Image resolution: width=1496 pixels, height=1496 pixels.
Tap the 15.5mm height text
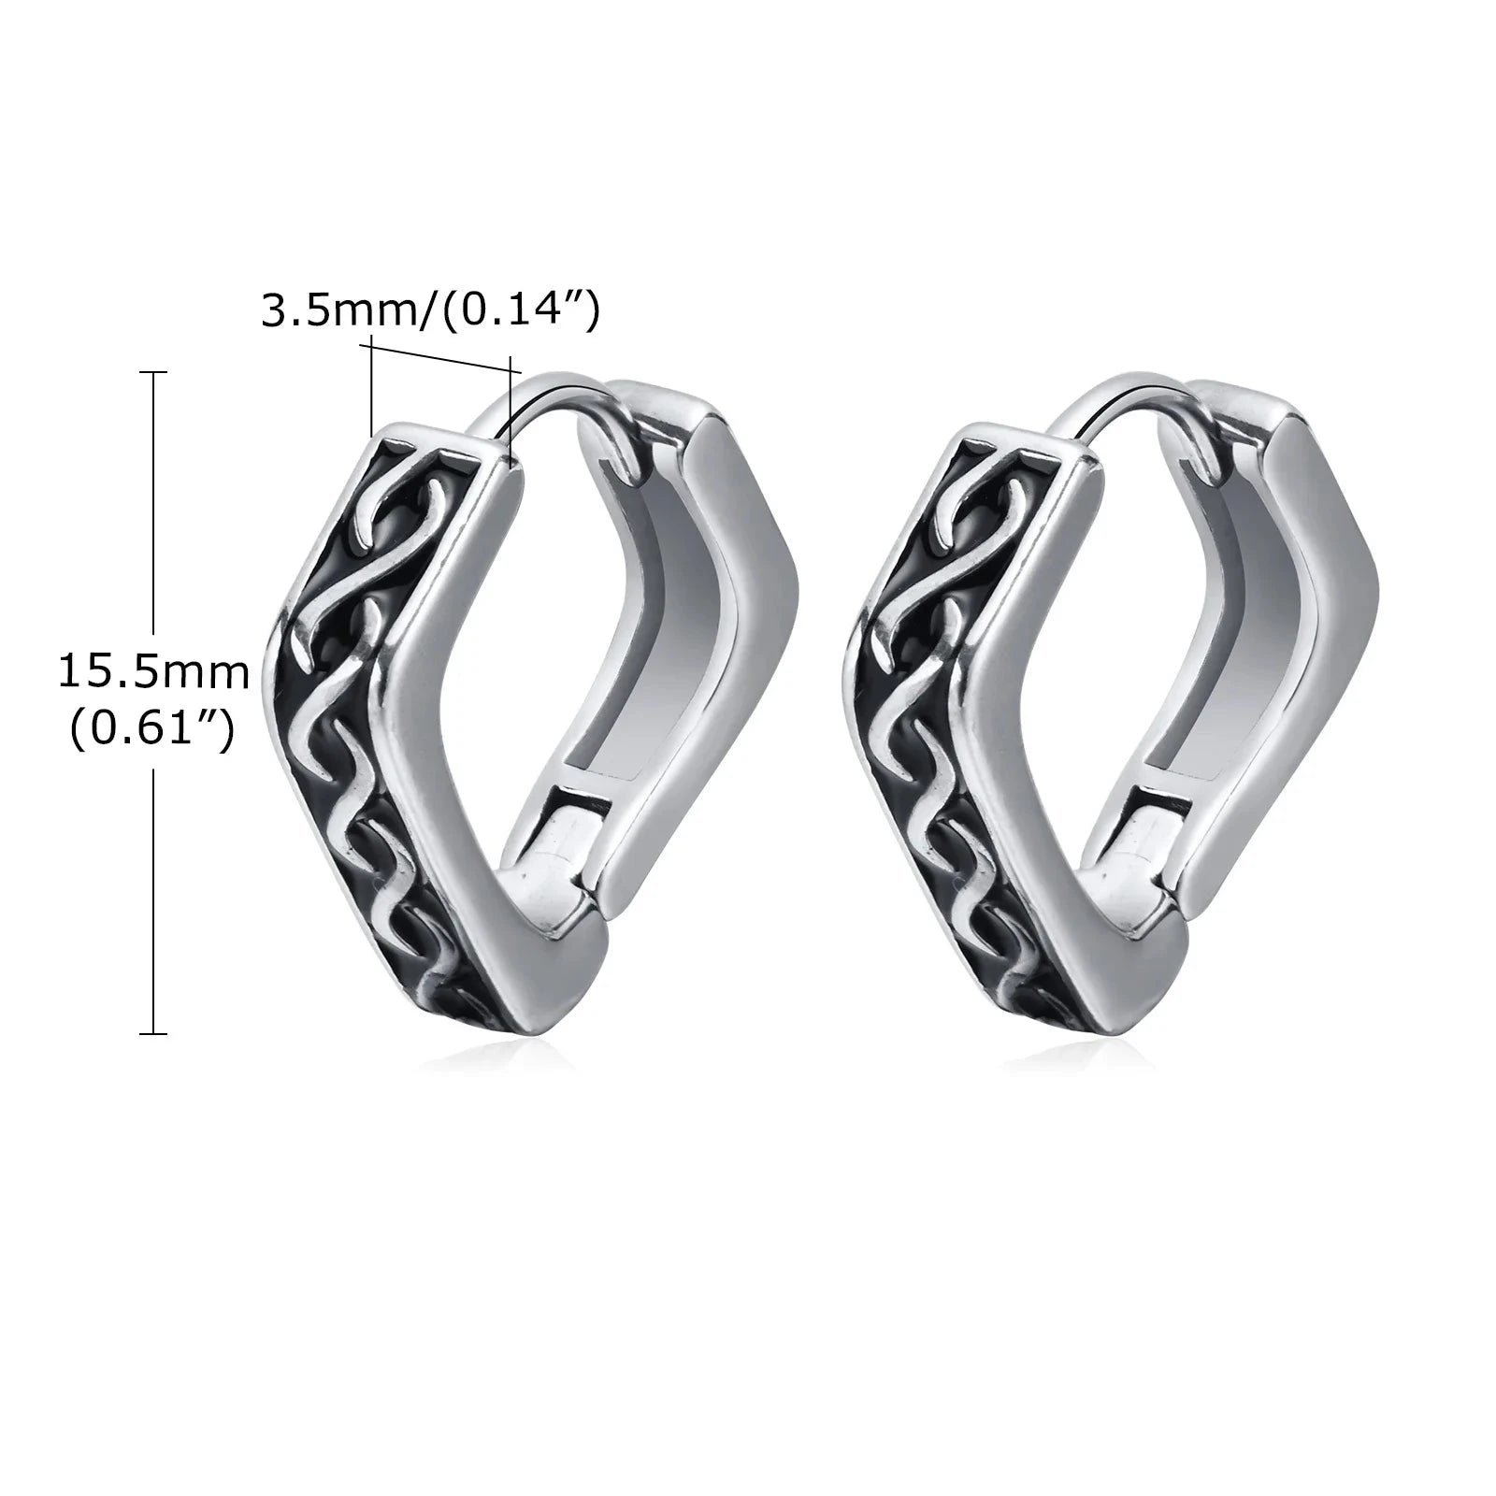point(154,671)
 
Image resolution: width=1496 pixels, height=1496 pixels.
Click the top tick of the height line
point(153,372)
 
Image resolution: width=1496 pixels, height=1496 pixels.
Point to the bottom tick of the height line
point(153,1033)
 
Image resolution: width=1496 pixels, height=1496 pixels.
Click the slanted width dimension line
point(440,357)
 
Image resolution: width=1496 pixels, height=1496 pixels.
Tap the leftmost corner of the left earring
point(271,636)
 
